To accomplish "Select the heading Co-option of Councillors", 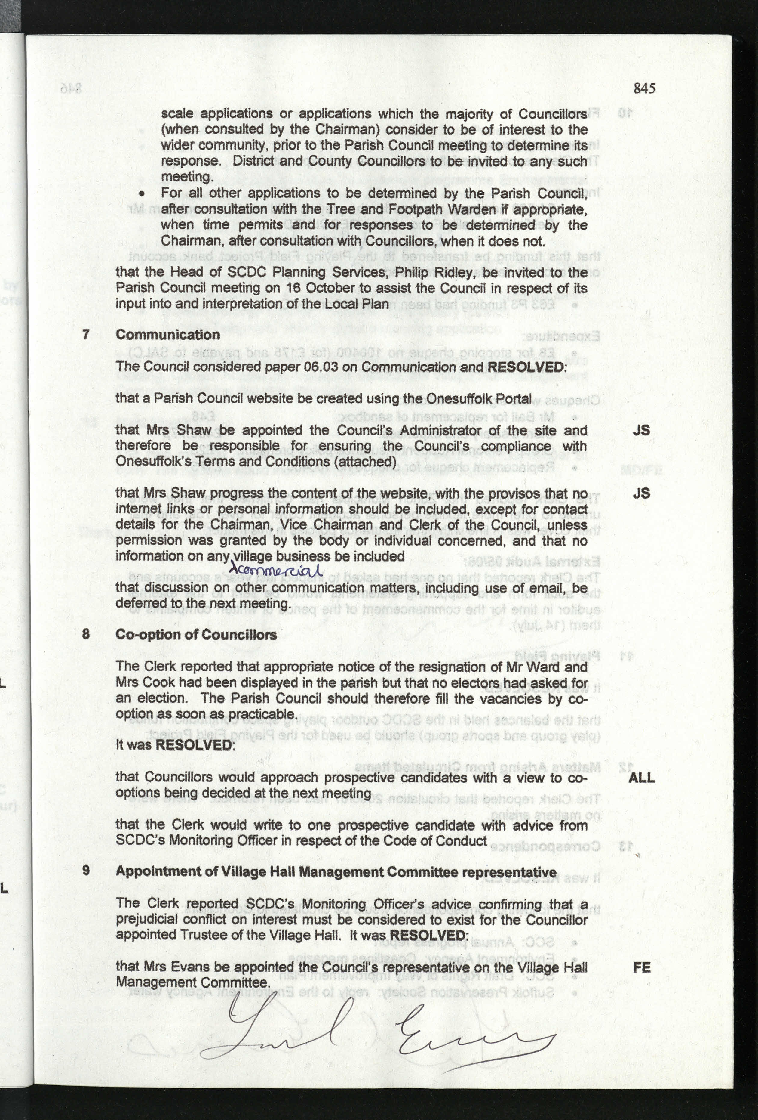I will pyautogui.click(x=196, y=634).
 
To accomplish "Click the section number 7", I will pyautogui.click(x=86, y=334).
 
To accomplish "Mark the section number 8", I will pyautogui.click(x=86, y=634).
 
